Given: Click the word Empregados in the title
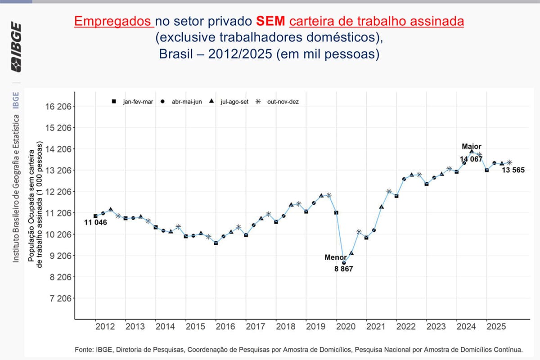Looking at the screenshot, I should click(113, 21).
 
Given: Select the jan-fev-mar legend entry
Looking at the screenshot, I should click(132, 102).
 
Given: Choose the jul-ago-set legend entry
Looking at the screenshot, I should click(228, 102).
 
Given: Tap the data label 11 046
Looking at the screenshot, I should click(95, 222).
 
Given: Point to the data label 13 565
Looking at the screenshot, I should click(513, 170).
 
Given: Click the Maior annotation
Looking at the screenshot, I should click(472, 146).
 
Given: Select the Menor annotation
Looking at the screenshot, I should click(336, 257).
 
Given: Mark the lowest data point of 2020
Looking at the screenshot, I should click(344, 263).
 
